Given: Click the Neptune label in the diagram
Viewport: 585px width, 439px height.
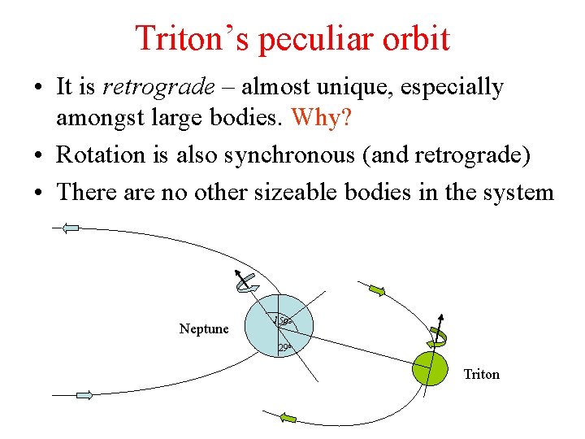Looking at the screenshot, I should (204, 329).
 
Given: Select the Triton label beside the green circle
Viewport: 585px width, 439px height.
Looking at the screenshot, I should (481, 374).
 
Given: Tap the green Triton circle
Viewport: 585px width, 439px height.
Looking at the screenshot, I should (431, 369).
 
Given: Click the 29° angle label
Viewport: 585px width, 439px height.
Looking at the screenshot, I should (284, 348).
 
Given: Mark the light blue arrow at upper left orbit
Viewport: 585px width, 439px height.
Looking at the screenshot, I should (71, 228).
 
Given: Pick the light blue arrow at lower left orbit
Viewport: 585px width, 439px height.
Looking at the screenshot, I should (84, 395).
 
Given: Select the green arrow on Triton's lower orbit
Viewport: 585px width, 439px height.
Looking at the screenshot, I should (288, 417).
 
